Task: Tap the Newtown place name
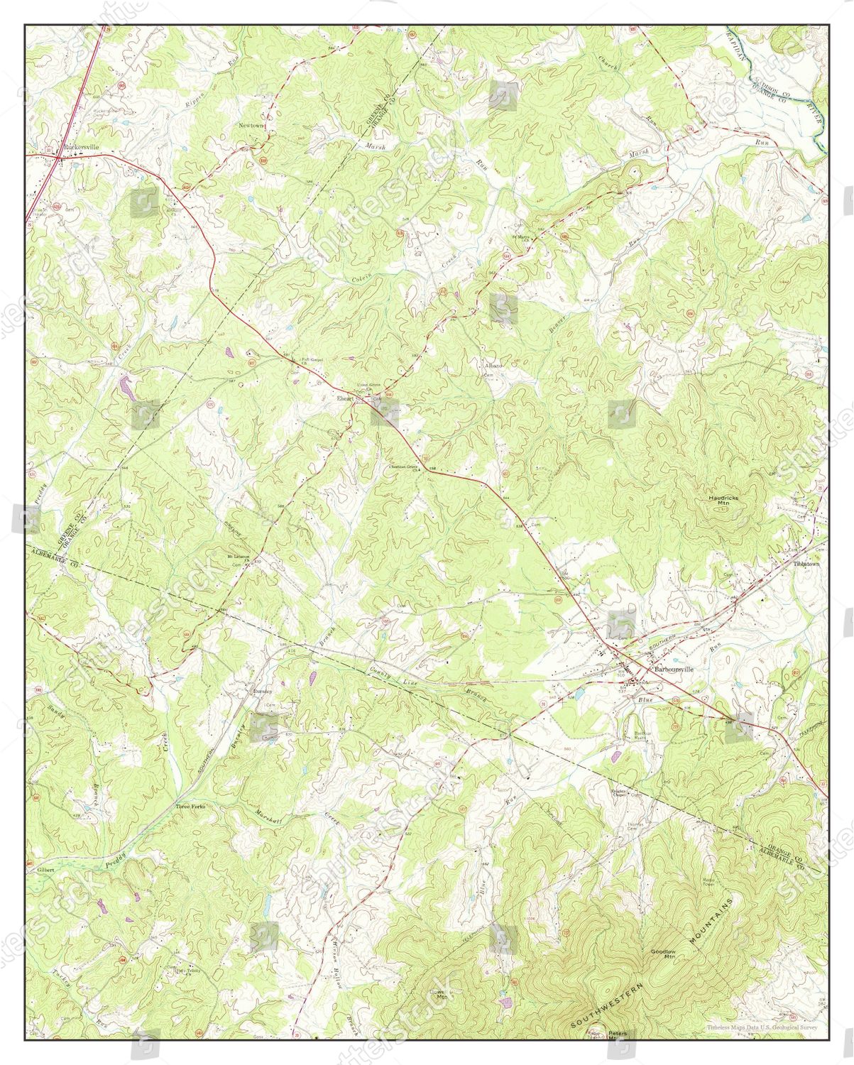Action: coord(251,125)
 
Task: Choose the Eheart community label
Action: coord(344,399)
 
